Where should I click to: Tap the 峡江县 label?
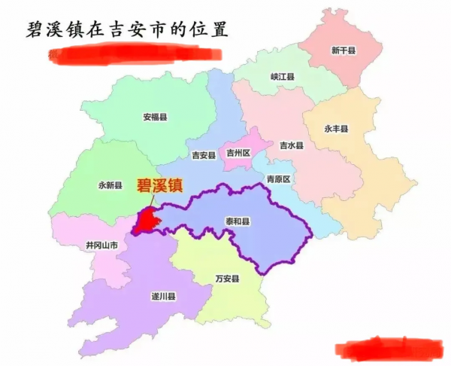[283, 77]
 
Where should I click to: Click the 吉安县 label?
[204, 155]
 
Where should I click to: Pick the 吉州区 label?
[238, 152]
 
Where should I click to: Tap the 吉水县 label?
[291, 145]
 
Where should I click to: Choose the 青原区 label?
[278, 179]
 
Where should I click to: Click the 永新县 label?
[110, 185]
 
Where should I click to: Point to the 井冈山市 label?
[101, 246]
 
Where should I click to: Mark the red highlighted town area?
[147, 221]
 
